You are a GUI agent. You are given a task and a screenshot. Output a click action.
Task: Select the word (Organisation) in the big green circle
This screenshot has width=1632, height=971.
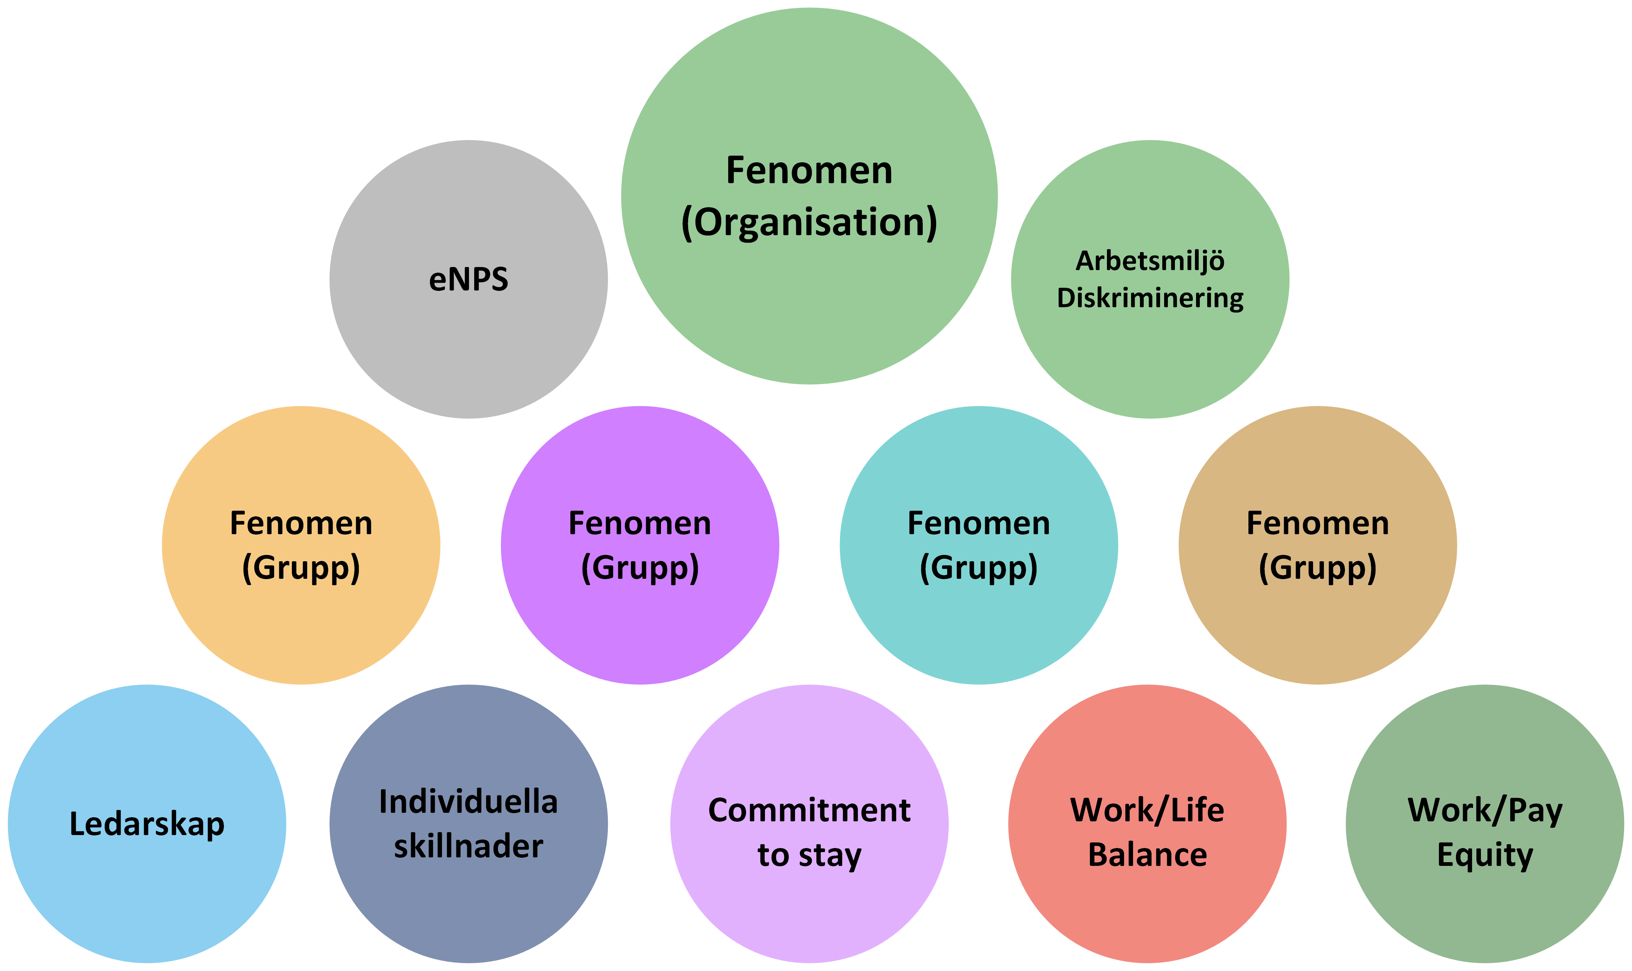[809, 223]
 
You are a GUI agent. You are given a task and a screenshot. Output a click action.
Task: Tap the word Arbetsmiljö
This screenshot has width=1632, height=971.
[1150, 261]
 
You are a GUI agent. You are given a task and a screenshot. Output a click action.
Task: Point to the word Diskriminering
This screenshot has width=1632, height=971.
[1150, 298]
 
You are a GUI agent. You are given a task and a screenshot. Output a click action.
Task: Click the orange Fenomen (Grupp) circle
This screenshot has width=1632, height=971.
[301, 621]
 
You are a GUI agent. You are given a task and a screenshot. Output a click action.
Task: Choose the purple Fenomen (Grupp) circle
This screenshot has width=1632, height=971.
[640, 621]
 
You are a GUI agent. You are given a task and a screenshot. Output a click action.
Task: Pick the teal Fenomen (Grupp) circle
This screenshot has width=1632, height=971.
[978, 621]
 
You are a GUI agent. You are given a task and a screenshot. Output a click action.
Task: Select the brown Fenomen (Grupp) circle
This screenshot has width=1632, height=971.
[1317, 621]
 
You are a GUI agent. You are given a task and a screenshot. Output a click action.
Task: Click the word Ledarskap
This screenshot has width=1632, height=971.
[147, 824]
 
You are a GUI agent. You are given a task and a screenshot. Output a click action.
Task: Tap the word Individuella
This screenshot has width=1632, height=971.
[468, 802]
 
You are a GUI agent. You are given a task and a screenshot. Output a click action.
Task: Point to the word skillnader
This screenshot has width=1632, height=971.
[468, 847]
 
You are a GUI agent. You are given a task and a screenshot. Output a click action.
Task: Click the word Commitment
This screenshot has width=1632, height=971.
[809, 811]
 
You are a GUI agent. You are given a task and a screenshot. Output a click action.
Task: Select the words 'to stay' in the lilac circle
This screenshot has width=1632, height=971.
[809, 855]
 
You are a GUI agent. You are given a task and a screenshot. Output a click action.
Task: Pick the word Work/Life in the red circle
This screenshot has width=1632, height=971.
[1147, 811]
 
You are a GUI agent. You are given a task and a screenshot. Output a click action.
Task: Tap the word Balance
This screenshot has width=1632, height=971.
[1147, 855]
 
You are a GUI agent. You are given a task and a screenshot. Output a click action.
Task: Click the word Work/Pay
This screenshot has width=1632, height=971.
[1485, 811]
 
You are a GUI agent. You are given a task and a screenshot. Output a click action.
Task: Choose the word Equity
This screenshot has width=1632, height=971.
[1485, 855]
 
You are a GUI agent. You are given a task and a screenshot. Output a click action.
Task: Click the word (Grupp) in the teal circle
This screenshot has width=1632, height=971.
[978, 568]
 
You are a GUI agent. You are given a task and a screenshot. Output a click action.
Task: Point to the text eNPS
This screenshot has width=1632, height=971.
[468, 279]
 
